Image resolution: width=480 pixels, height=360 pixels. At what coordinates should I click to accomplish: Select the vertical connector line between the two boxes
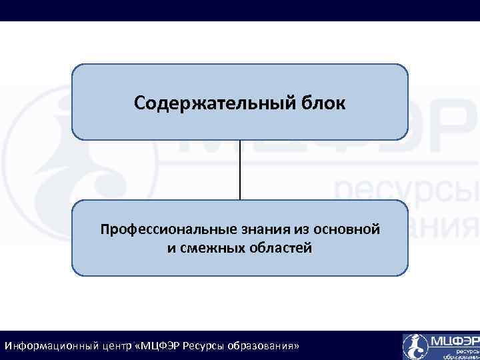(x=240, y=170)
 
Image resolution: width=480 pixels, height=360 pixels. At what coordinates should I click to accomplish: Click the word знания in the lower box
(x=255, y=230)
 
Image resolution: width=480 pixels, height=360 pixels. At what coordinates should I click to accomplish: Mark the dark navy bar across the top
(x=240, y=10)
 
